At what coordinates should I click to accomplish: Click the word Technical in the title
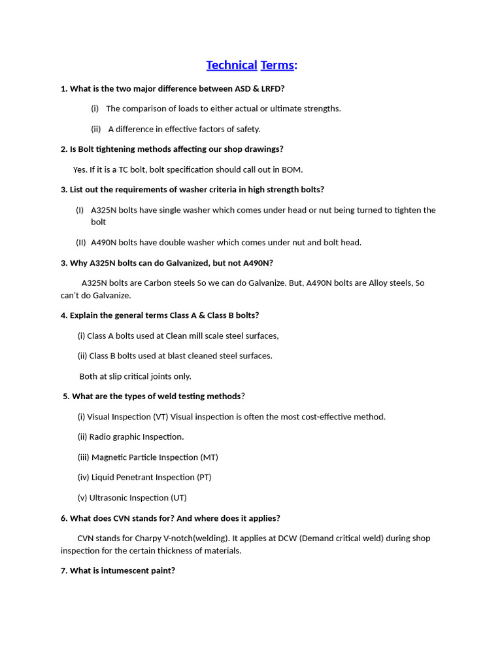click(x=231, y=65)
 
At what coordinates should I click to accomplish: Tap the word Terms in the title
click(x=278, y=65)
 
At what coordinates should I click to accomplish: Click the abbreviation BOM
click(x=292, y=169)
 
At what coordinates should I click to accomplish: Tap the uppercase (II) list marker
click(x=81, y=242)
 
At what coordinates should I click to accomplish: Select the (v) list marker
click(x=83, y=498)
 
